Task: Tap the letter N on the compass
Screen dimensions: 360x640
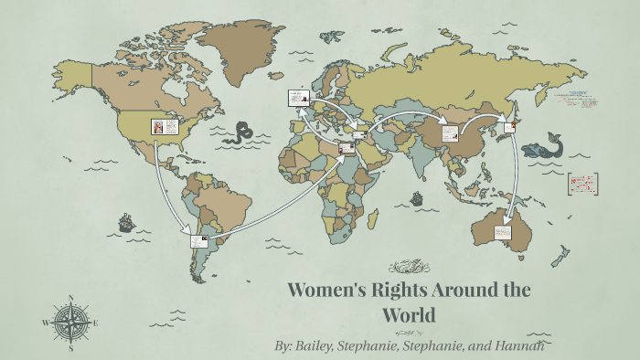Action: click(x=71, y=297)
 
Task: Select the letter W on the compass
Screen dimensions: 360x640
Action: click(x=46, y=323)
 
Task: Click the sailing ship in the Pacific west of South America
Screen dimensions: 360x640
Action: click(x=124, y=222)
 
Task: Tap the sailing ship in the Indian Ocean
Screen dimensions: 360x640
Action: click(x=417, y=197)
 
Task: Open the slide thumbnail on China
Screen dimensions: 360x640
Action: click(x=450, y=132)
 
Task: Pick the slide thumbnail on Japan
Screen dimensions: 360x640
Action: click(x=509, y=124)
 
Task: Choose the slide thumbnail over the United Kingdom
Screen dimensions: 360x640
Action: click(x=296, y=96)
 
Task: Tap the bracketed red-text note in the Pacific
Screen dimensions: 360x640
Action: click(x=582, y=183)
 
